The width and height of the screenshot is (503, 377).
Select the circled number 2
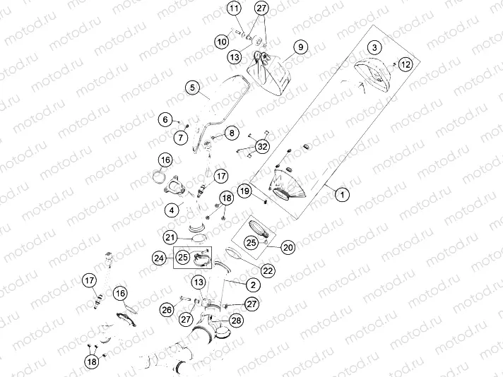(x=251, y=285)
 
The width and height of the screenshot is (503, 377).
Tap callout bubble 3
(x=374, y=47)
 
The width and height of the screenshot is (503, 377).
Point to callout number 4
(x=172, y=209)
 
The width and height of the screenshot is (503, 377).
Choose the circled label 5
(x=191, y=88)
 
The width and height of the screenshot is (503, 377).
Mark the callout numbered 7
(x=182, y=136)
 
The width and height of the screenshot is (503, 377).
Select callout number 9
(x=300, y=47)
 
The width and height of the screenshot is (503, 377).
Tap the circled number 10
(x=222, y=42)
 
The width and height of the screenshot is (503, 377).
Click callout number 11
(x=234, y=8)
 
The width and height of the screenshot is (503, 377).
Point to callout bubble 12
(x=405, y=64)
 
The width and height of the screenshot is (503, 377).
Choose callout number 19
(x=244, y=190)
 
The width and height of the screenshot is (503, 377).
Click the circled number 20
(x=288, y=247)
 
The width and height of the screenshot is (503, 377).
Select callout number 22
(x=268, y=270)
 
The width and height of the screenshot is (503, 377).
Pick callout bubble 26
(x=167, y=309)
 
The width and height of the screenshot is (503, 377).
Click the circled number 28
(x=236, y=321)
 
